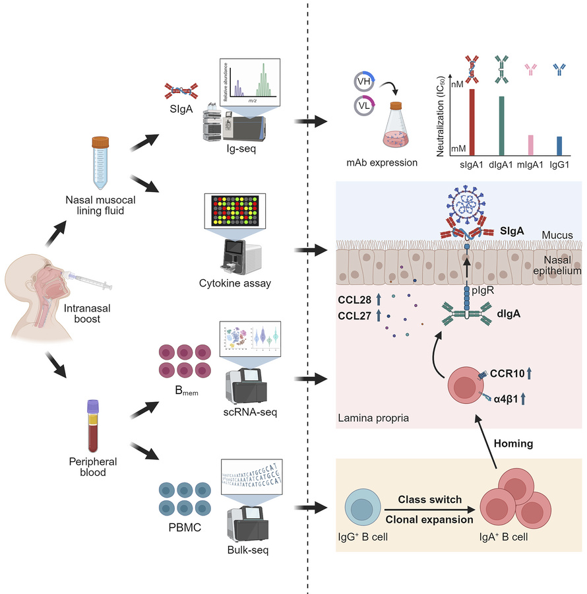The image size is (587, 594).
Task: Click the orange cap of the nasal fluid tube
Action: [100, 141]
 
